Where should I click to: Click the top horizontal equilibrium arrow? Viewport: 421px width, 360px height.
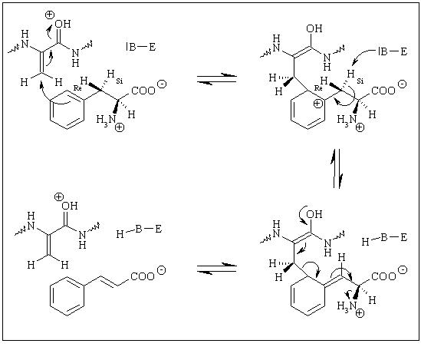[x=217, y=79]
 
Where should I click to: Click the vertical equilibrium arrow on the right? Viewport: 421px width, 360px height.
[x=337, y=168]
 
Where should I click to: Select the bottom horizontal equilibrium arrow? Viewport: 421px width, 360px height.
[x=217, y=269]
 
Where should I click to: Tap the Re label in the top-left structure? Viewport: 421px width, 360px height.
[x=77, y=88]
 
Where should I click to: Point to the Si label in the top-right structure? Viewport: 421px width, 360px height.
[x=360, y=81]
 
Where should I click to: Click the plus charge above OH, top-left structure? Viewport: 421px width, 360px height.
[x=49, y=15]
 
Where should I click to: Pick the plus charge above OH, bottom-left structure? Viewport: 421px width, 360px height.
[x=58, y=197]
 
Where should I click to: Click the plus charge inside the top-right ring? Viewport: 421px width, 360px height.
[x=318, y=104]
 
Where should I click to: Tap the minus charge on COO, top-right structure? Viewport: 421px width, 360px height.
[x=402, y=84]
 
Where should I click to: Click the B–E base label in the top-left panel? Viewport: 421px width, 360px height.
[x=140, y=47]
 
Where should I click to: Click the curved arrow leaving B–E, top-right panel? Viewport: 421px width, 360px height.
[x=360, y=54]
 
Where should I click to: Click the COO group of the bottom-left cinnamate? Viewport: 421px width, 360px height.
[x=143, y=276]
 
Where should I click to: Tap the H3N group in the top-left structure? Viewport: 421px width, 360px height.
[x=107, y=119]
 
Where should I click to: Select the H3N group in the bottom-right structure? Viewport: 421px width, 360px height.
[x=347, y=306]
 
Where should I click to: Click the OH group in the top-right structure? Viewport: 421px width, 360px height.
[x=314, y=28]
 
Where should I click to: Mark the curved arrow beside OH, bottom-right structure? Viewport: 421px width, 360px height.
[x=303, y=215]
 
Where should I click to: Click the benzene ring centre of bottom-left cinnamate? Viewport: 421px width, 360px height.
[x=67, y=296]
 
